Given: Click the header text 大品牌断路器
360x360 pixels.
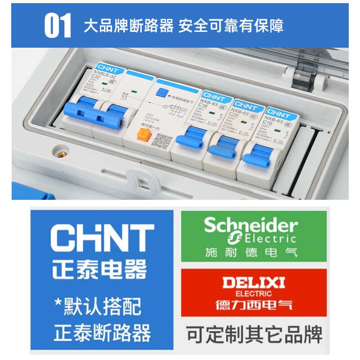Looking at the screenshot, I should [x=129, y=26].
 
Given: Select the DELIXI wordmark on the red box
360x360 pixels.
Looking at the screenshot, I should [x=254, y=283].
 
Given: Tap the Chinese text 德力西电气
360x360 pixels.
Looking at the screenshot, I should [x=254, y=304].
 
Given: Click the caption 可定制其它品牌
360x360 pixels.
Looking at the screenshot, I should [x=254, y=334].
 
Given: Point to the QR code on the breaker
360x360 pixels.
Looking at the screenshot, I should [x=161, y=141].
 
